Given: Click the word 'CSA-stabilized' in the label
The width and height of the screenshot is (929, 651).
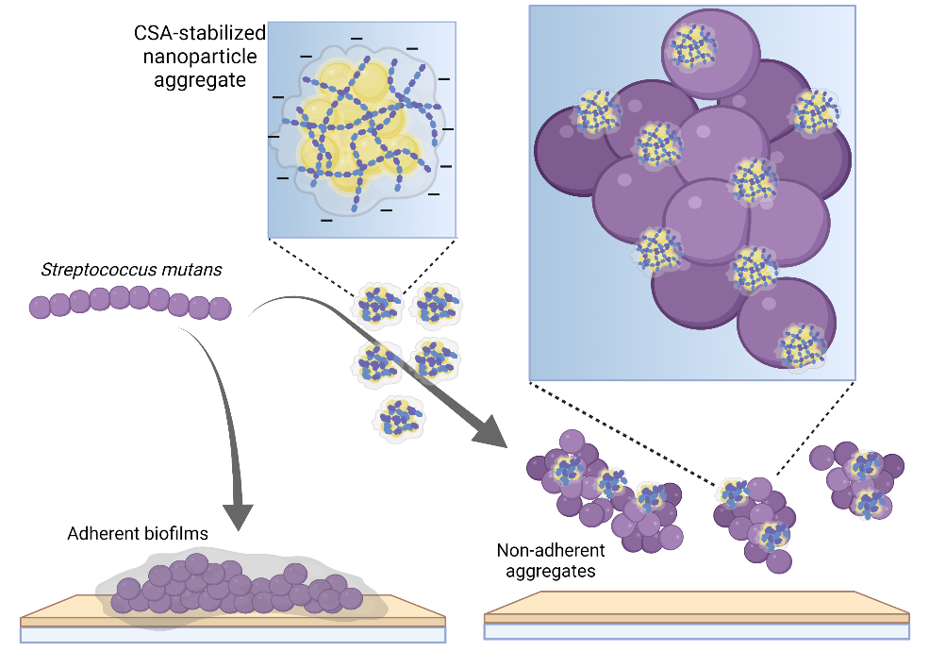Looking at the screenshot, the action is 200,33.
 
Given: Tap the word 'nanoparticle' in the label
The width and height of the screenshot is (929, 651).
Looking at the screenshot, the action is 200,57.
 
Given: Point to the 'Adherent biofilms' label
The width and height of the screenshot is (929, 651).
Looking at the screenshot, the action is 138,534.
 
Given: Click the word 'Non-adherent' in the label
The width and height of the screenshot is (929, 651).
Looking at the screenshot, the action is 551,550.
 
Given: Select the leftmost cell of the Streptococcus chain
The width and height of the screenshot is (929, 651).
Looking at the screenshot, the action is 40,308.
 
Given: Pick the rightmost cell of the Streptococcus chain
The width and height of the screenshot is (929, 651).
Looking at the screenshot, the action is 220,309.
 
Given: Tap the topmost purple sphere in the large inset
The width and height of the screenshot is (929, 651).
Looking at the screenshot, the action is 710,54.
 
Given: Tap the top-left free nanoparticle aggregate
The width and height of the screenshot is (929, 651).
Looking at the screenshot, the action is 377,305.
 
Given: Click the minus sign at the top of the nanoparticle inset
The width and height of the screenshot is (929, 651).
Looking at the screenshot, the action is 357,39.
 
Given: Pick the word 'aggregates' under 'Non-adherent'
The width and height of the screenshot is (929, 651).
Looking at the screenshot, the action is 551,571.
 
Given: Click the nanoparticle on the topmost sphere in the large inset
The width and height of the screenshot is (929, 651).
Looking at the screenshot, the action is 692,45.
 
